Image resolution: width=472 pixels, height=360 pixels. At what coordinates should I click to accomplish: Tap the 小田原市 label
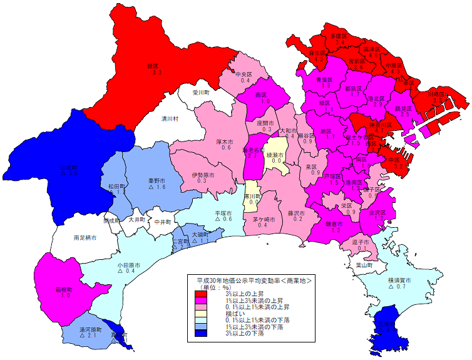129,265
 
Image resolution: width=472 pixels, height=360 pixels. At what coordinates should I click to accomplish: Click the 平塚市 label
224,213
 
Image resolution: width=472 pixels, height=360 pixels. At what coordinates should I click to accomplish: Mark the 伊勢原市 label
204,175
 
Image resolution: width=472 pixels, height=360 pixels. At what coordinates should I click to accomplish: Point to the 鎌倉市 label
334,224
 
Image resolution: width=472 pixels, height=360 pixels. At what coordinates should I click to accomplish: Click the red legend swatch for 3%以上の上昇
200,294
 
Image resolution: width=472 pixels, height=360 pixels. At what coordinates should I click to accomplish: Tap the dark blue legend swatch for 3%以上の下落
200,333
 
